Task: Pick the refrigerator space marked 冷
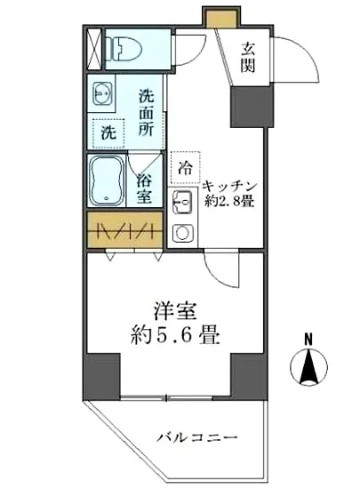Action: (186, 165)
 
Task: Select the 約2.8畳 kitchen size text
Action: (229, 202)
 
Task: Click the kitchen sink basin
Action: (181, 204)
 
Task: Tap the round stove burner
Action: (182, 234)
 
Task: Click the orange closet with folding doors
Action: (126, 230)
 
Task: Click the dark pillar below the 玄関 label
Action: (248, 106)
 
